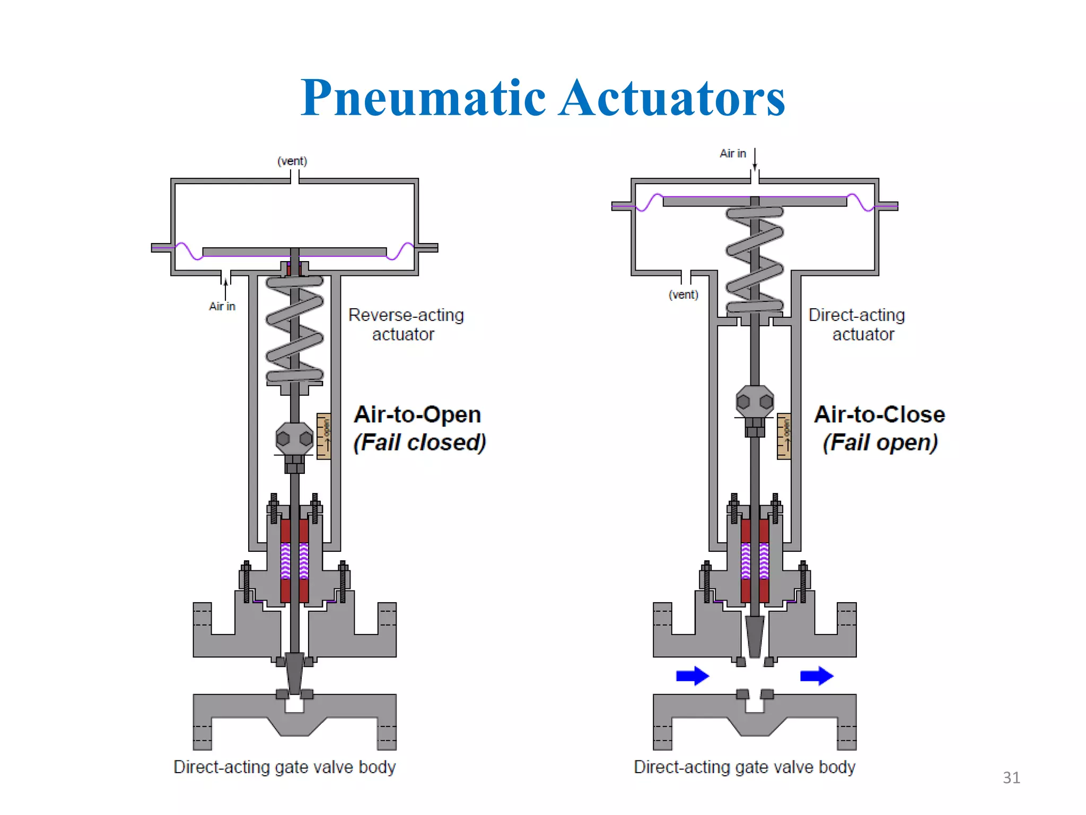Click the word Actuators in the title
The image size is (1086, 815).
click(x=672, y=98)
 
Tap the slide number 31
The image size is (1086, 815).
click(x=1011, y=777)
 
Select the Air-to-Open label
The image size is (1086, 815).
click(x=417, y=414)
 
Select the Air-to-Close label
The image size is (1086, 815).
click(x=879, y=414)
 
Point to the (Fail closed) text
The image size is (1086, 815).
click(x=419, y=443)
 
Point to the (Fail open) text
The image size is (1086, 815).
click(x=880, y=443)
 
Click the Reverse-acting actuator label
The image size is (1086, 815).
click(x=406, y=324)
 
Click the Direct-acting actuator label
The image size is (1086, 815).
click(x=856, y=324)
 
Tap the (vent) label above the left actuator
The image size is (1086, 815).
click(x=292, y=161)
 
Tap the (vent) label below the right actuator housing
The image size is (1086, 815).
click(x=683, y=294)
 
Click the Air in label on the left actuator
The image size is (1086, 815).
click(x=222, y=306)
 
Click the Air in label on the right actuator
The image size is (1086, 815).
click(x=732, y=153)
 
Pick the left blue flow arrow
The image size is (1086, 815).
click(x=692, y=675)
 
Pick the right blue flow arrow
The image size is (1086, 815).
click(x=816, y=675)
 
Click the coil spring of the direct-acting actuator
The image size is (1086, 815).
click(x=755, y=260)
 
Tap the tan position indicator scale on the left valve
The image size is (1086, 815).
click(x=323, y=436)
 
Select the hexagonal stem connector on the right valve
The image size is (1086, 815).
click(x=755, y=402)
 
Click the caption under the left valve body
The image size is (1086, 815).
click(x=284, y=767)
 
